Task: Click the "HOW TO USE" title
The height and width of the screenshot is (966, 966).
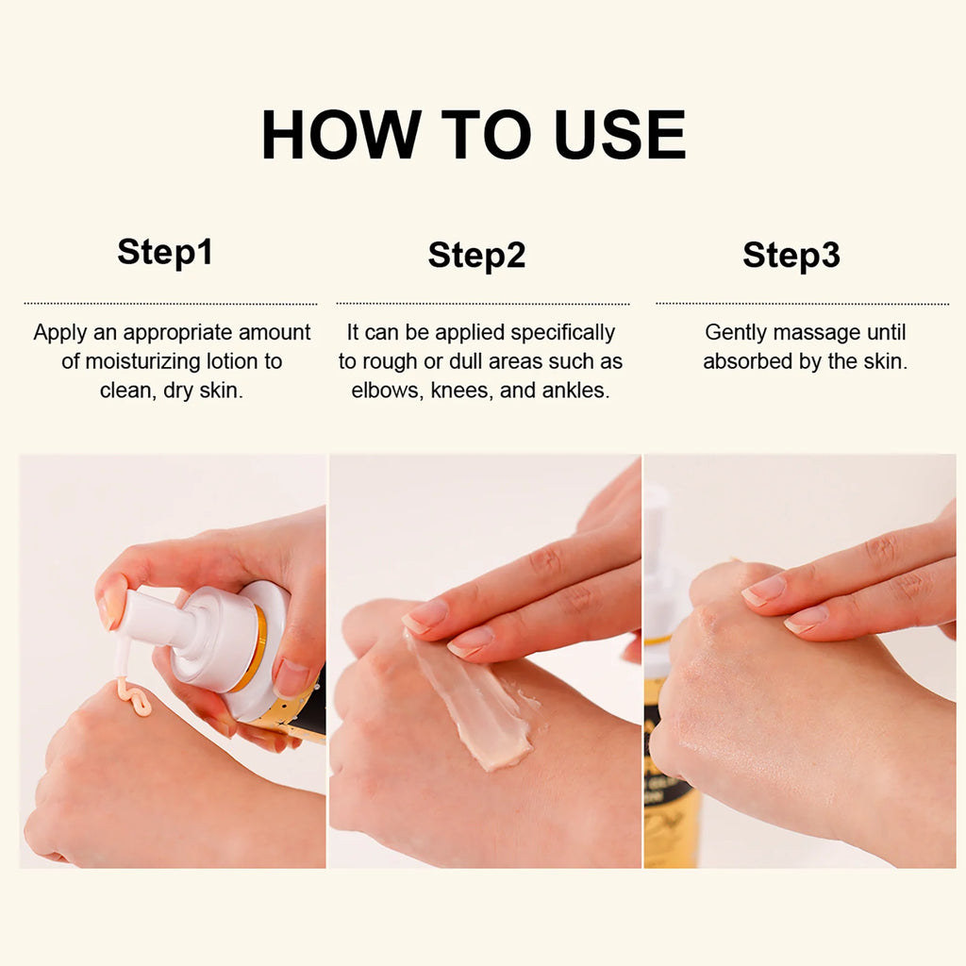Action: [x=474, y=135]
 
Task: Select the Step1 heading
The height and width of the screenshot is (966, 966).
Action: [x=165, y=253]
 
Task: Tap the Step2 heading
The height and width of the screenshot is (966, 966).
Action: [x=476, y=256]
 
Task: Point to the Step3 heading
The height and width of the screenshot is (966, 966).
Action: [x=791, y=256]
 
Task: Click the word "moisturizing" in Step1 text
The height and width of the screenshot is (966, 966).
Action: [x=140, y=361]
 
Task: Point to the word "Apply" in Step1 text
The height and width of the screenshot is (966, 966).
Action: [x=58, y=332]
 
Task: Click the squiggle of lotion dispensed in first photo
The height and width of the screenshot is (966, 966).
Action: [x=133, y=699]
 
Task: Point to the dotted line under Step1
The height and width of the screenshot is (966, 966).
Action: [x=171, y=304]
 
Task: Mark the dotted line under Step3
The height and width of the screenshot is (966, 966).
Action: [x=802, y=304]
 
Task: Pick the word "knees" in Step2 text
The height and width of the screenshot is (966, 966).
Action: [x=459, y=391]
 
